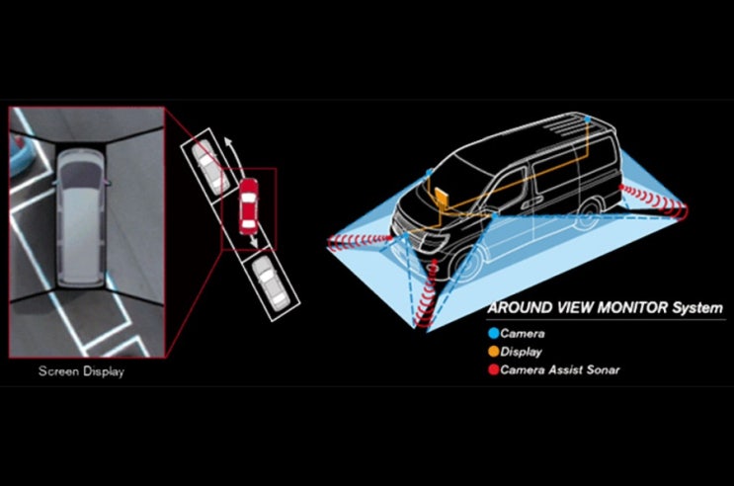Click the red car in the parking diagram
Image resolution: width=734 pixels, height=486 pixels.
click(x=248, y=206)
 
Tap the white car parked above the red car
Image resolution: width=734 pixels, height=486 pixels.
click(x=211, y=167)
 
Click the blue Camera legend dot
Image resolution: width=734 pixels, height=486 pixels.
click(x=493, y=333)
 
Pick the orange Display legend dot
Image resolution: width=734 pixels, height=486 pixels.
click(x=493, y=352)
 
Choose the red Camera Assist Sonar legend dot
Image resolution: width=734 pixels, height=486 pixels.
click(x=493, y=369)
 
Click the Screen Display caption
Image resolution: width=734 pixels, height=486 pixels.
click(x=81, y=371)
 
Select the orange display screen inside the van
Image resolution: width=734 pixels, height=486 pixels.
click(x=442, y=197)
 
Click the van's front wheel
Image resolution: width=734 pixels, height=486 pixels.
click(x=465, y=265)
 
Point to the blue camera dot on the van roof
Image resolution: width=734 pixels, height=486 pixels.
click(x=588, y=120)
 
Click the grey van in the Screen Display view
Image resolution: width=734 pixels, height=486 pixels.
click(x=81, y=218)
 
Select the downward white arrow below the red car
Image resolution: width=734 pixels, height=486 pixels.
click(x=253, y=240)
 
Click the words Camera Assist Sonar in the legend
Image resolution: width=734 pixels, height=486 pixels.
click(x=560, y=369)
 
